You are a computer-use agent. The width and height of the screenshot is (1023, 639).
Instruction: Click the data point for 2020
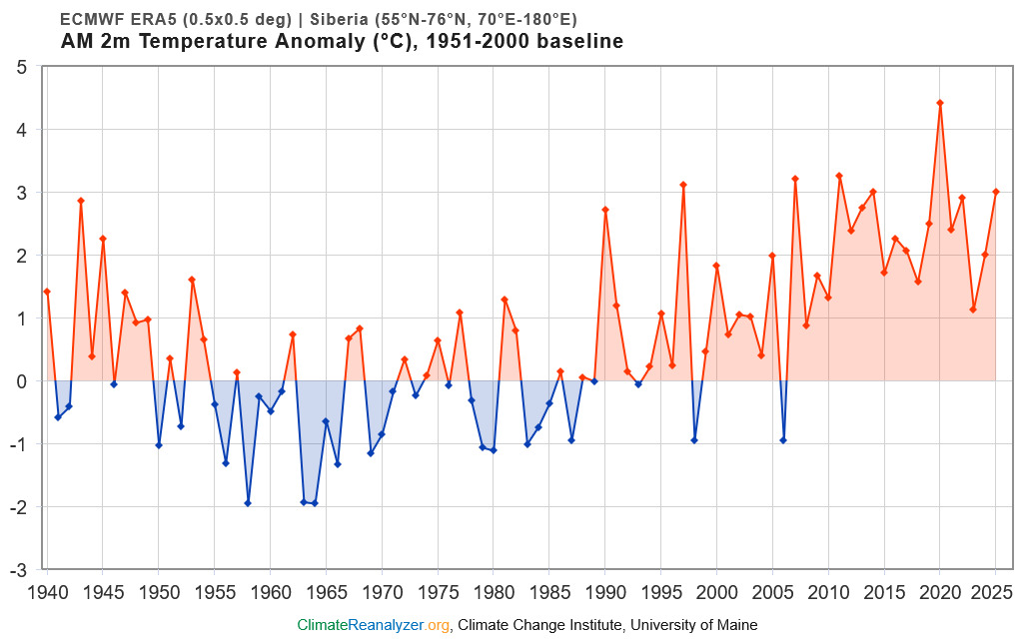(940, 103)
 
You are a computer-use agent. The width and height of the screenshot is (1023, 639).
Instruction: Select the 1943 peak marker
(81, 201)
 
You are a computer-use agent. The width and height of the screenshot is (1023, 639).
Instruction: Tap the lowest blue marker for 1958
(248, 503)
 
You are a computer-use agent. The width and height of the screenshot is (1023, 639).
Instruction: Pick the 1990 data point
(605, 210)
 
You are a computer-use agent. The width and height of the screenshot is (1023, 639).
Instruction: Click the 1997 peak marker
(683, 185)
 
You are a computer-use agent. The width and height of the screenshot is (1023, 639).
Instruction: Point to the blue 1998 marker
(694, 440)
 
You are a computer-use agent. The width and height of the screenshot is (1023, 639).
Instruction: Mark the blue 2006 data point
(783, 440)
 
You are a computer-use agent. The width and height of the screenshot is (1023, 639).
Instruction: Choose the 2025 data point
(996, 192)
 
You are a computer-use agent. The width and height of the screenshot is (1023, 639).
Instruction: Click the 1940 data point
(47, 292)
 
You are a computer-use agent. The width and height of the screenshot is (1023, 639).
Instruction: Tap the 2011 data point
(839, 176)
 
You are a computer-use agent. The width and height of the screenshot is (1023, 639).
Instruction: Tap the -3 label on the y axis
(19, 570)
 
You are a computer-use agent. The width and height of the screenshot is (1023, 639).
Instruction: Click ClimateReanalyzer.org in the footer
(374, 625)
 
